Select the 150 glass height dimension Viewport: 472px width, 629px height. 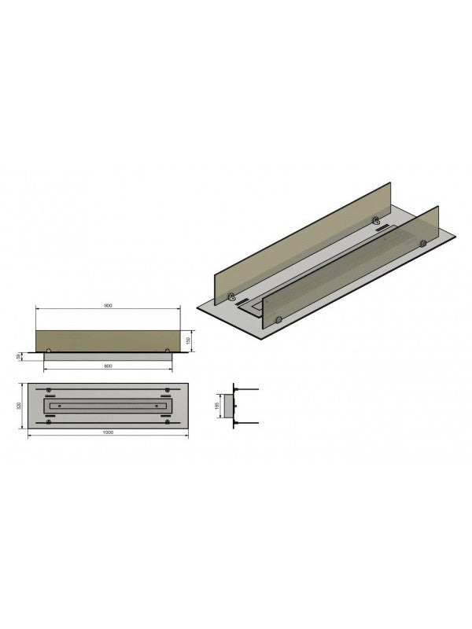pyautogui.click(x=189, y=340)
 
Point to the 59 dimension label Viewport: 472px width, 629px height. pyautogui.click(x=20, y=357)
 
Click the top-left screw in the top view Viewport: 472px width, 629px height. pyautogui.click(x=49, y=391)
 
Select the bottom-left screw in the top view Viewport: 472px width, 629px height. pyautogui.click(x=49, y=421)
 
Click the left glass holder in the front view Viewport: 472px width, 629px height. pyautogui.click(x=50, y=350)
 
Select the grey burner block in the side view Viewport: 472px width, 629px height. pyautogui.click(x=230, y=406)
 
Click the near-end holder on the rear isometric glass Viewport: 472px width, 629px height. pyautogui.click(x=232, y=296)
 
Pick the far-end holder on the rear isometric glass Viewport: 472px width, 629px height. pyautogui.click(x=377, y=223)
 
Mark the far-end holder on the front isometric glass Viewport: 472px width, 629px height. pyautogui.click(x=422, y=245)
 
